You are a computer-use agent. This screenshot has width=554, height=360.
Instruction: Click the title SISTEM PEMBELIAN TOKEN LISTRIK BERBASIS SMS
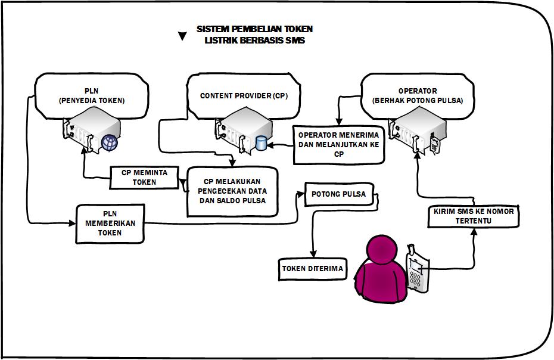pos(254,35)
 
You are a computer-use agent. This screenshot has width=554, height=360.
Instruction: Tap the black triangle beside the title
pos(182,36)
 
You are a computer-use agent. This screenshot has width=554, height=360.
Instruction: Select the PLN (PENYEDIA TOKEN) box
pos(92,95)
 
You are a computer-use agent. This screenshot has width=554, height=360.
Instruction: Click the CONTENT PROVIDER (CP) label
pos(244,95)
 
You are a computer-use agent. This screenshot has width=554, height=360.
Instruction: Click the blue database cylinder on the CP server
pos(261,144)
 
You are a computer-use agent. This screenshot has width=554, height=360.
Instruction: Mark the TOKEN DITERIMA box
pos(313,269)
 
